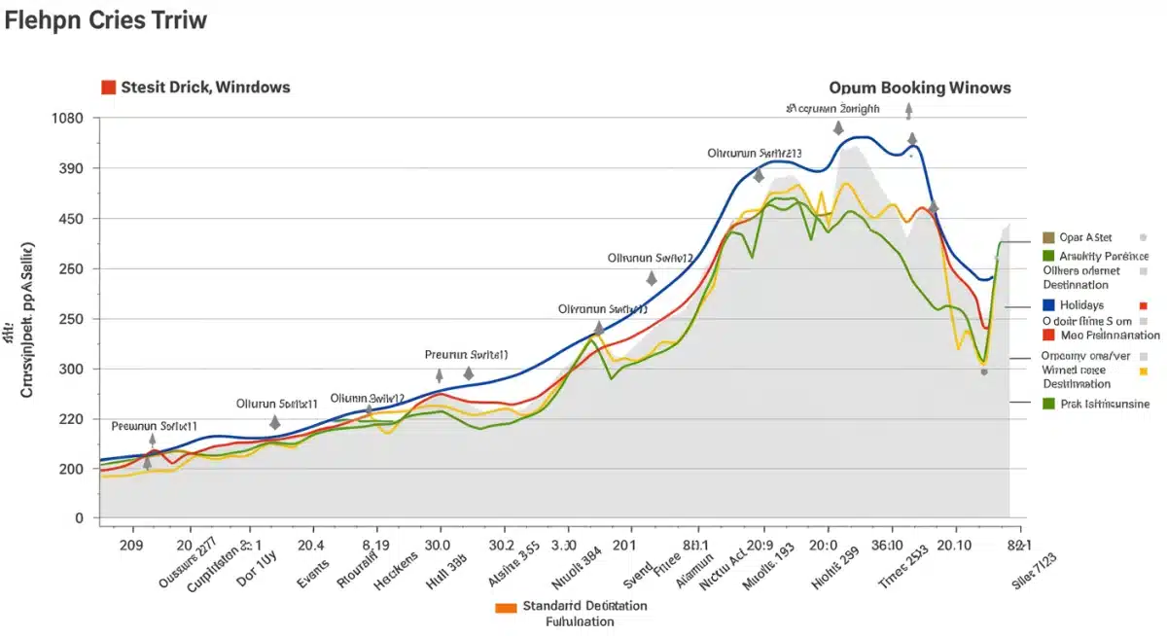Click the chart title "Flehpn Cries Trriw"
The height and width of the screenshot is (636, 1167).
(105, 20)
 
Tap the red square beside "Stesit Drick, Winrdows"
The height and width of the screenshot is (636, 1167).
(109, 88)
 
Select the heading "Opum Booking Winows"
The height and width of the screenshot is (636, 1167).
(920, 88)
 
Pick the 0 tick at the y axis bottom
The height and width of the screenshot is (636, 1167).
(80, 518)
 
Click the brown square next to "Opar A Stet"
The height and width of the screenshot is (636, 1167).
(1047, 237)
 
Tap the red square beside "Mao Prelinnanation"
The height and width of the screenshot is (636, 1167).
(1048, 336)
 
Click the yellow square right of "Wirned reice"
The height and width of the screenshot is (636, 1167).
(1143, 371)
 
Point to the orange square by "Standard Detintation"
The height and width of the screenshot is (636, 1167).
(505, 607)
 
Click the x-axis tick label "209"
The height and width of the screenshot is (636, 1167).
(129, 546)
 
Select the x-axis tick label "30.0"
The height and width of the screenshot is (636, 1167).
(438, 546)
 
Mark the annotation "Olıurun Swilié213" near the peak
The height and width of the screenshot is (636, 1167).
(755, 154)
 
